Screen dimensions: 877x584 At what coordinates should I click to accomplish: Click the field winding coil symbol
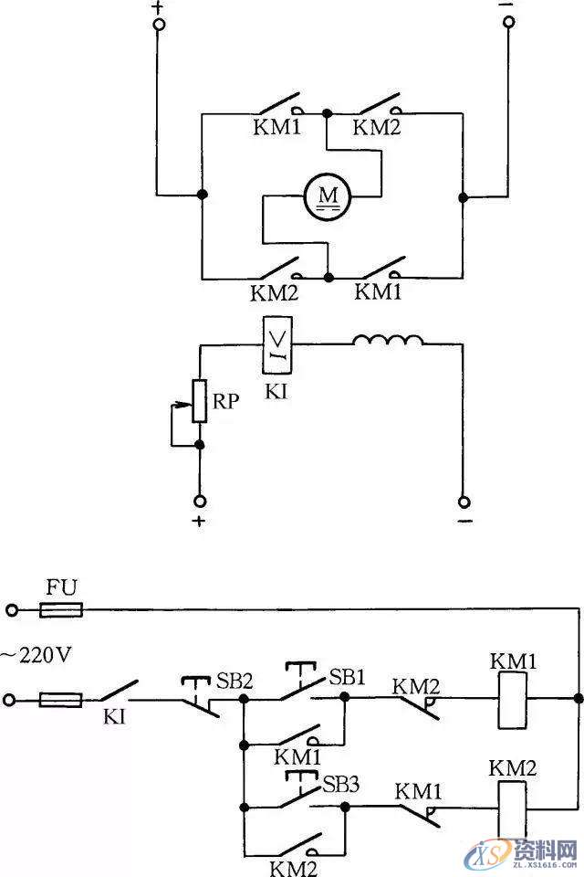coord(389,342)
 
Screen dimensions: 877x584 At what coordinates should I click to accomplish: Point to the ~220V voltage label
coord(36,654)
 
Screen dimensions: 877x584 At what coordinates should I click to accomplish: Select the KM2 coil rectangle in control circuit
coord(510,805)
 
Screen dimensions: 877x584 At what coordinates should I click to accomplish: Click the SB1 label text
coord(347,677)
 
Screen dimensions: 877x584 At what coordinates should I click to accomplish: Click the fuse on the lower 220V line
coord(60,700)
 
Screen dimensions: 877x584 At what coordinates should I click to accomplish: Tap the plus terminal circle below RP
coord(199,502)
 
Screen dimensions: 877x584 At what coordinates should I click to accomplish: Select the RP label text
coord(227,401)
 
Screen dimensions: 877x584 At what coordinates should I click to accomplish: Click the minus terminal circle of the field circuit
coord(464,502)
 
